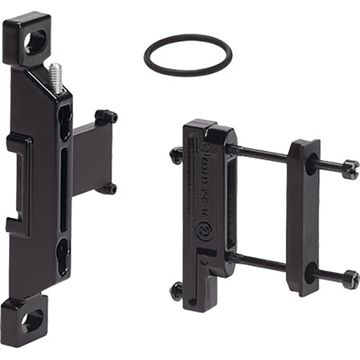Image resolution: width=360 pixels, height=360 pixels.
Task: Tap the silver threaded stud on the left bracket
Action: point(56,78)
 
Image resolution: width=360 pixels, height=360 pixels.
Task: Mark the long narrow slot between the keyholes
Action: point(64,186)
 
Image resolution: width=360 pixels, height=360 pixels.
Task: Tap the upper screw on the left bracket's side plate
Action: point(106,116)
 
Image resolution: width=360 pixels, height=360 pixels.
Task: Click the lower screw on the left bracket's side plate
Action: point(107,188)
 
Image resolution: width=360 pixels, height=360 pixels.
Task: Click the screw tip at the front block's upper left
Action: point(175,154)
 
